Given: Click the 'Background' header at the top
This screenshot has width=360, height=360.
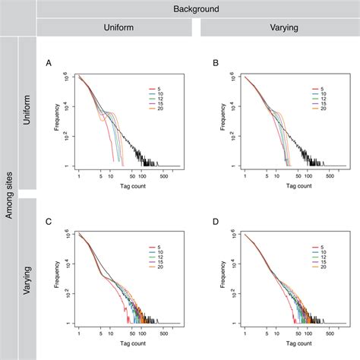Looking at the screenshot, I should (195, 8).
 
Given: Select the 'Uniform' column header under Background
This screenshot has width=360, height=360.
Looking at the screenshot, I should (115, 27).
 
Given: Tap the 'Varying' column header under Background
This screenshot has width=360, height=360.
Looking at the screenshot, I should (279, 27).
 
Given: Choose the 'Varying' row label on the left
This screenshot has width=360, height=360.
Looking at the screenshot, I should (27, 277).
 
